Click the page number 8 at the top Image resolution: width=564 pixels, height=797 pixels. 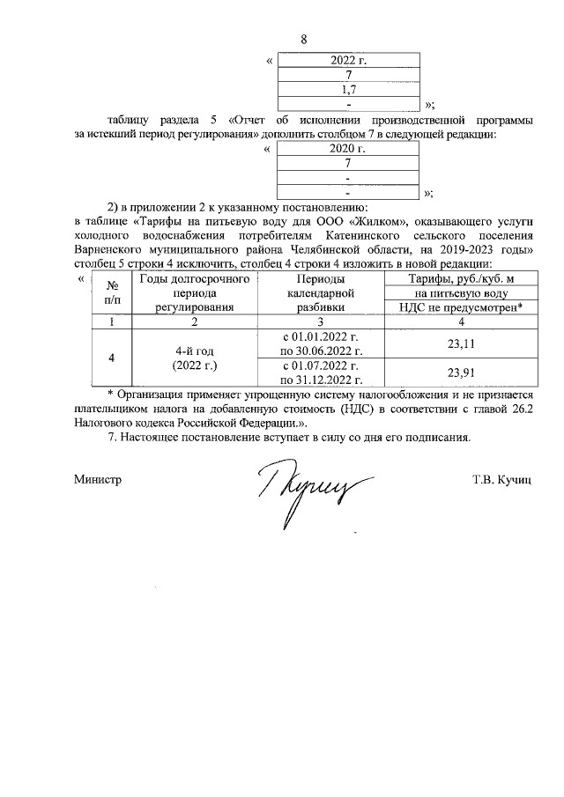[x=304, y=40]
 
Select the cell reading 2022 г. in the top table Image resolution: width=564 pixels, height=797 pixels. [x=348, y=61]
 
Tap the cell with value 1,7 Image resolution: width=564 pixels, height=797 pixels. [x=348, y=90]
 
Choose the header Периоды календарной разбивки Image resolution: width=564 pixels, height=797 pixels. [x=320, y=293]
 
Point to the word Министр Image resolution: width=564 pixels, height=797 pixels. [x=98, y=480]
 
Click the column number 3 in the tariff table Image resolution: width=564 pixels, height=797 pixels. [x=320, y=322]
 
